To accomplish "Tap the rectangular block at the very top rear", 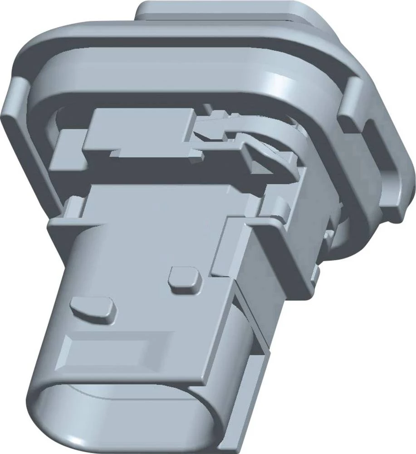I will click(227, 11).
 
